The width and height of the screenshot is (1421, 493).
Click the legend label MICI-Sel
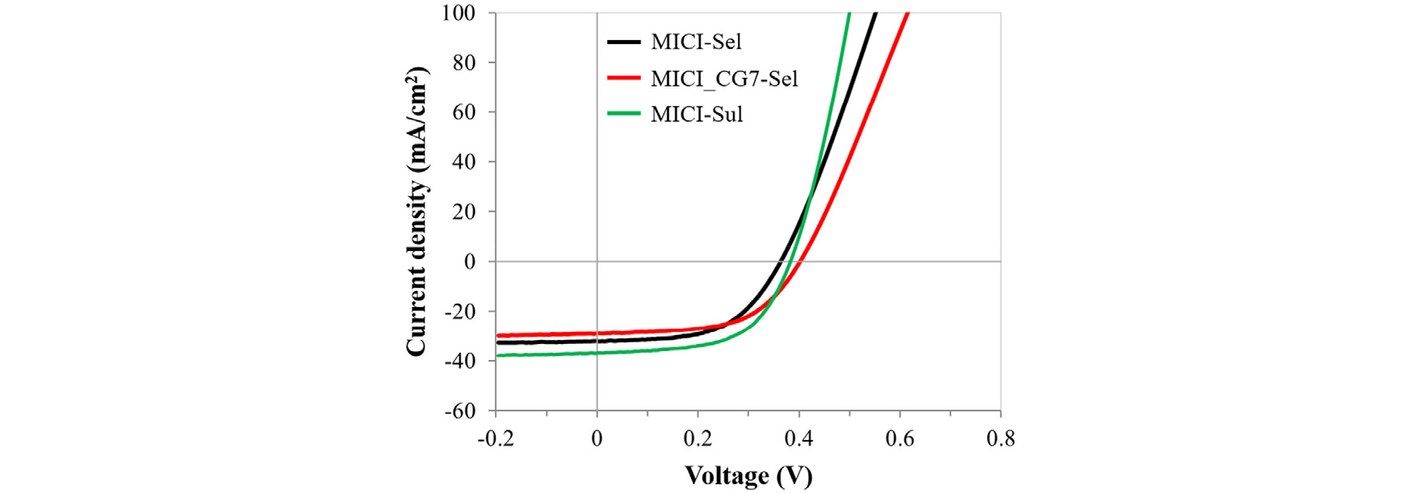[696, 42]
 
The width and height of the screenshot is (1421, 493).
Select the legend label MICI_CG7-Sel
[724, 79]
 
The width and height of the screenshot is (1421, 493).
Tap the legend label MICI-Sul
[697, 115]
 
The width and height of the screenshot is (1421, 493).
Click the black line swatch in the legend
[624, 42]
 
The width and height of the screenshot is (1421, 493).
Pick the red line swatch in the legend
[624, 79]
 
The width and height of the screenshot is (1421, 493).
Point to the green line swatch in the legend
[624, 114]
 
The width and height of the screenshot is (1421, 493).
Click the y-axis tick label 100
[459, 13]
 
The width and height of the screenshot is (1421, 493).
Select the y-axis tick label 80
[464, 63]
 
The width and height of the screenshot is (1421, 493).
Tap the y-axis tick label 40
[464, 162]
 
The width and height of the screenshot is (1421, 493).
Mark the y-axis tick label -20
[460, 311]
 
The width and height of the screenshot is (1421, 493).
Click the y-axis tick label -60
[460, 410]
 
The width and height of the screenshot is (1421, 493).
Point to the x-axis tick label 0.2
[698, 438]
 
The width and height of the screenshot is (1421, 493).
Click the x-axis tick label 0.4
[799, 438]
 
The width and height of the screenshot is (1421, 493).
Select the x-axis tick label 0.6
[900, 438]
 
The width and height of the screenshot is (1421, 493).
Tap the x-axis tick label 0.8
[1000, 438]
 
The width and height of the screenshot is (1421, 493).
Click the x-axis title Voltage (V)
[748, 475]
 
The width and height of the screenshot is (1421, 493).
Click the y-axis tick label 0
[470, 261]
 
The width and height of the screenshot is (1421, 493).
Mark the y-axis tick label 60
[464, 112]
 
